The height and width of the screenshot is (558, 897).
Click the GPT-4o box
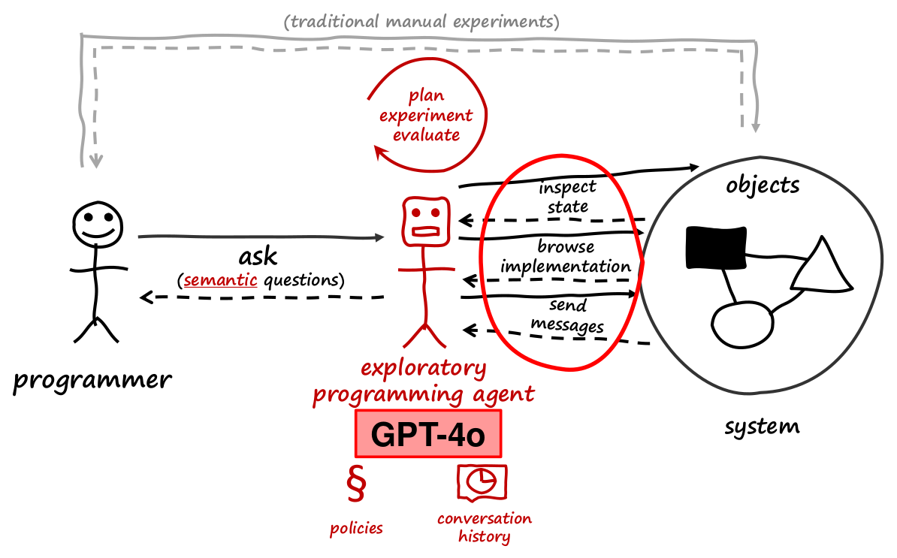point(427,434)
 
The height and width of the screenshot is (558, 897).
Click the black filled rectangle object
point(716,249)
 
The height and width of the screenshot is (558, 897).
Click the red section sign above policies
point(356,486)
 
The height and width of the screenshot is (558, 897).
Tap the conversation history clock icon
point(482,483)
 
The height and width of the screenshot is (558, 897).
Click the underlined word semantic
point(215,281)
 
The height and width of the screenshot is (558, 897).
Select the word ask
point(258,256)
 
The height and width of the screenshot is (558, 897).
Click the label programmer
point(92,381)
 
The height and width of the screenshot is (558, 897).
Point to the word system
point(762,427)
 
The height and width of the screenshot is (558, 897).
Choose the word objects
point(763,185)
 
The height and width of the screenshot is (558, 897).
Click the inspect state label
point(567,197)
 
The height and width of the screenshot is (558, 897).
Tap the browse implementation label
point(566,256)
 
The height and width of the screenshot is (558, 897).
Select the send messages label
point(566,316)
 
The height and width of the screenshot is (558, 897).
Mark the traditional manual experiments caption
point(421,21)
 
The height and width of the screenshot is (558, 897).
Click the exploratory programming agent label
point(424,381)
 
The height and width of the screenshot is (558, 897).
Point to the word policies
point(356,528)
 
